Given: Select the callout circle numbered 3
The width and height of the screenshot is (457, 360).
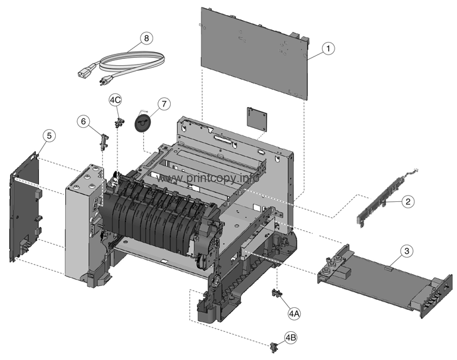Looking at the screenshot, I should (x=407, y=251).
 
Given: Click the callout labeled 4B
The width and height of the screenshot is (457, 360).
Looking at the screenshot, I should (x=291, y=337).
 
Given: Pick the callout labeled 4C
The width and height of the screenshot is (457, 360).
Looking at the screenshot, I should (x=115, y=100).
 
